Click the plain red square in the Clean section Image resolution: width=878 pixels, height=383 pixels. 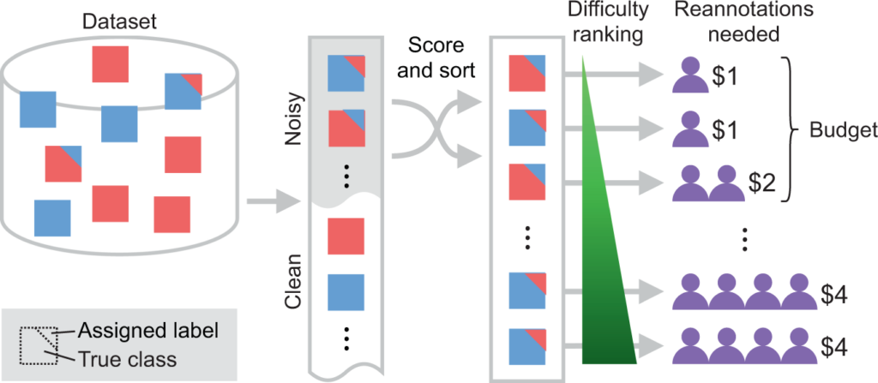(346, 236)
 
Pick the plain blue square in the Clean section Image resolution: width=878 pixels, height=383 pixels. (346, 291)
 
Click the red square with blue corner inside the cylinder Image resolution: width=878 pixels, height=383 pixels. (63, 164)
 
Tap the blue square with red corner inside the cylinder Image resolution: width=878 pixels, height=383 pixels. (183, 92)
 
